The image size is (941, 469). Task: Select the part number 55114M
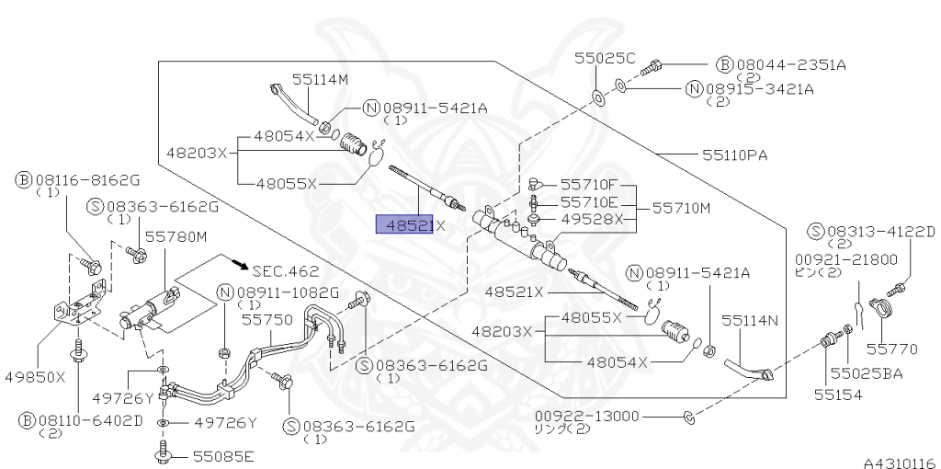click(x=321, y=80)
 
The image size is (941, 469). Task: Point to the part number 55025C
click(x=606, y=57)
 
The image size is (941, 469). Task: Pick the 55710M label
click(x=682, y=209)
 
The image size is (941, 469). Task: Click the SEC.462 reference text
click(x=285, y=271)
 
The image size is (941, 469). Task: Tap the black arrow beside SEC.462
click(x=241, y=266)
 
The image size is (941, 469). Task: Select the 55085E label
click(x=222, y=456)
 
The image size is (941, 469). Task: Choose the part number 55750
click(x=266, y=319)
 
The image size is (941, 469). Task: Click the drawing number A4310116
click(x=898, y=462)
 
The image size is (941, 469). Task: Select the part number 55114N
click(x=749, y=320)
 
